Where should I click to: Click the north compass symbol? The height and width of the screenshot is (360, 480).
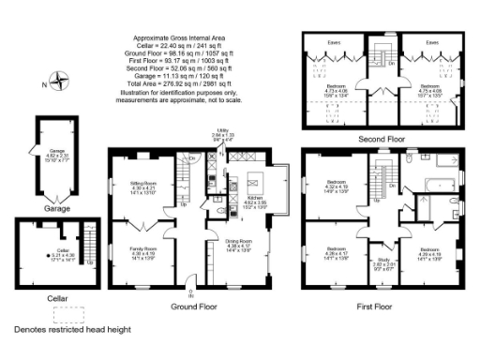coord(60,81)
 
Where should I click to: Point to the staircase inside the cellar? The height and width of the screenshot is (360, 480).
coord(89,240)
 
